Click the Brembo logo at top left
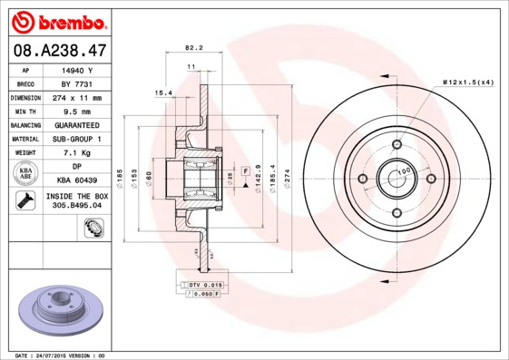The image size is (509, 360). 56,21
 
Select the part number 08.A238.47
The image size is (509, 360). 56,51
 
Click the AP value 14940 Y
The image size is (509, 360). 77,69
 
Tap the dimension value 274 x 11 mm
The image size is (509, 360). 77,97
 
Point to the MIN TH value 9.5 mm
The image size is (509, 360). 77,111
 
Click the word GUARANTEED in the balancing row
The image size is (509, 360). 77,125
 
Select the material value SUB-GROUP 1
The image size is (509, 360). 77,139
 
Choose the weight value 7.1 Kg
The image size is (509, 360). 77,153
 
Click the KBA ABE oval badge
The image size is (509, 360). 26,173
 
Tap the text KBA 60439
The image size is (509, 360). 77,181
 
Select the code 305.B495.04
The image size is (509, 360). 77,206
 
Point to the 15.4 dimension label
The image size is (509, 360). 162,92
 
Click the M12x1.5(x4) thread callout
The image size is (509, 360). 468,83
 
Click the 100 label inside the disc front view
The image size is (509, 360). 404,170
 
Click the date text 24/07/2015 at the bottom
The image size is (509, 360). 56,355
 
